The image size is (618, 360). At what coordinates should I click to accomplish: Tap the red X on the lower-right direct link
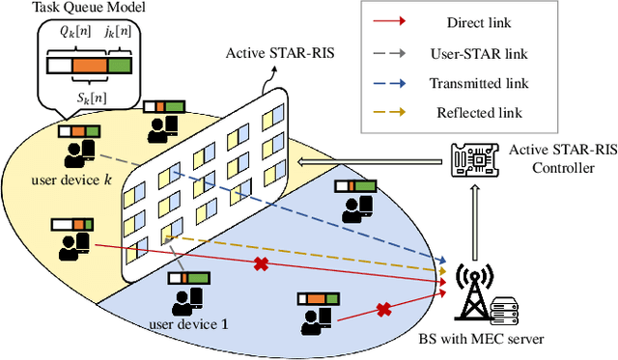tap(383, 310)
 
